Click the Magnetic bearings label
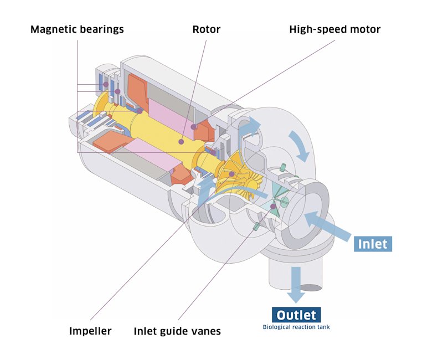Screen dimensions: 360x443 tap(77, 29)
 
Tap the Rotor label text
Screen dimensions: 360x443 tap(206, 29)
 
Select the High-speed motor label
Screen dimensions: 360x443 tap(334, 29)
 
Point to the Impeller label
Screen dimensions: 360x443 tap(90, 331)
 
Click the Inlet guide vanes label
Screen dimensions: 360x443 tap(177, 331)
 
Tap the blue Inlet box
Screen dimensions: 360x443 tap(373, 244)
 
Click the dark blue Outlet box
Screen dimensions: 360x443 tap(296, 315)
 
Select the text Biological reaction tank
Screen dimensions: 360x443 tap(296, 327)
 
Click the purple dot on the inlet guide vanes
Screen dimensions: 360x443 tap(273, 206)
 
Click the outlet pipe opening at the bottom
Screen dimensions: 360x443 tap(311, 287)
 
